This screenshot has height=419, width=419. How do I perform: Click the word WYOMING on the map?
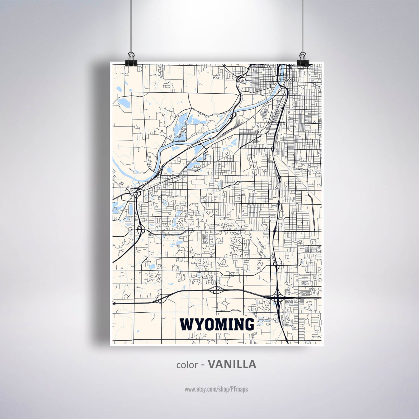[217, 324]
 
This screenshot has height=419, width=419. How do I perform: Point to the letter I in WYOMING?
[230, 324]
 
